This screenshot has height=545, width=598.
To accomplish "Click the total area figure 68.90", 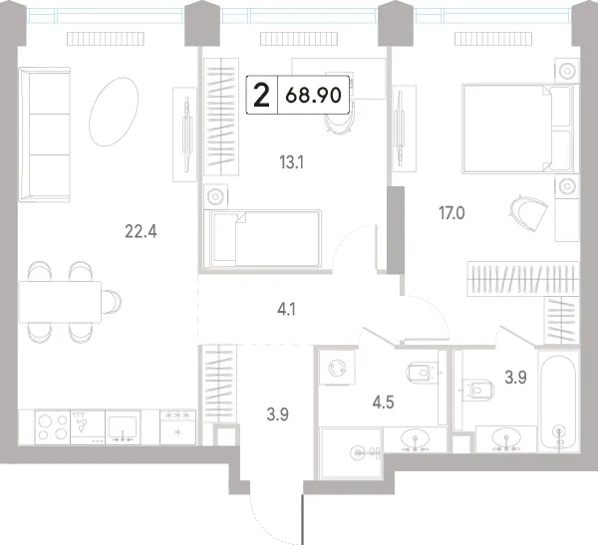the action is [x=313, y=95].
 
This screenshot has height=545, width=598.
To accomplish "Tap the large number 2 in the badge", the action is [x=261, y=96].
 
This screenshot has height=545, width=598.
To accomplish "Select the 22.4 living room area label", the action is [x=141, y=231].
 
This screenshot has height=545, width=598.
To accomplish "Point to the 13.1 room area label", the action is [x=291, y=162].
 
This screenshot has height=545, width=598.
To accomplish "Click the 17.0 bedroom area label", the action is [x=451, y=213].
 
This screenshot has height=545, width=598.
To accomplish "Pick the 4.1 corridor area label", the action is [x=286, y=310].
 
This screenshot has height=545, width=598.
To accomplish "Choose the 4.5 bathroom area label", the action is [x=383, y=402].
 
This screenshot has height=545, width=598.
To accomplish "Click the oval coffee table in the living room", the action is [x=114, y=112].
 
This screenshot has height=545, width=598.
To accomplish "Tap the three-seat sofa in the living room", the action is [x=45, y=135].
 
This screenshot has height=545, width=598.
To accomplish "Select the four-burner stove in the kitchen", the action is [x=52, y=427].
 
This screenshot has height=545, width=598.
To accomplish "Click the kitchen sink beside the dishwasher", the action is [x=123, y=427].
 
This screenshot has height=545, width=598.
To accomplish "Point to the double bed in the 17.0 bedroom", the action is [x=520, y=129].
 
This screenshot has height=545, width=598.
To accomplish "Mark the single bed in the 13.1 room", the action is [x=262, y=238].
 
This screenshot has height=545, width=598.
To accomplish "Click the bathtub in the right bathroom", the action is [x=558, y=402].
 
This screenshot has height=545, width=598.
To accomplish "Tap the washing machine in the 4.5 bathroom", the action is [x=337, y=369].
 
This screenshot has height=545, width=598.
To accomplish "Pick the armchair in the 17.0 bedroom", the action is [x=528, y=213].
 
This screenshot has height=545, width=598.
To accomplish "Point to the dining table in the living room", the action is [x=60, y=302].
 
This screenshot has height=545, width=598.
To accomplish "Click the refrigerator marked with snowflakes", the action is [x=177, y=427].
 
